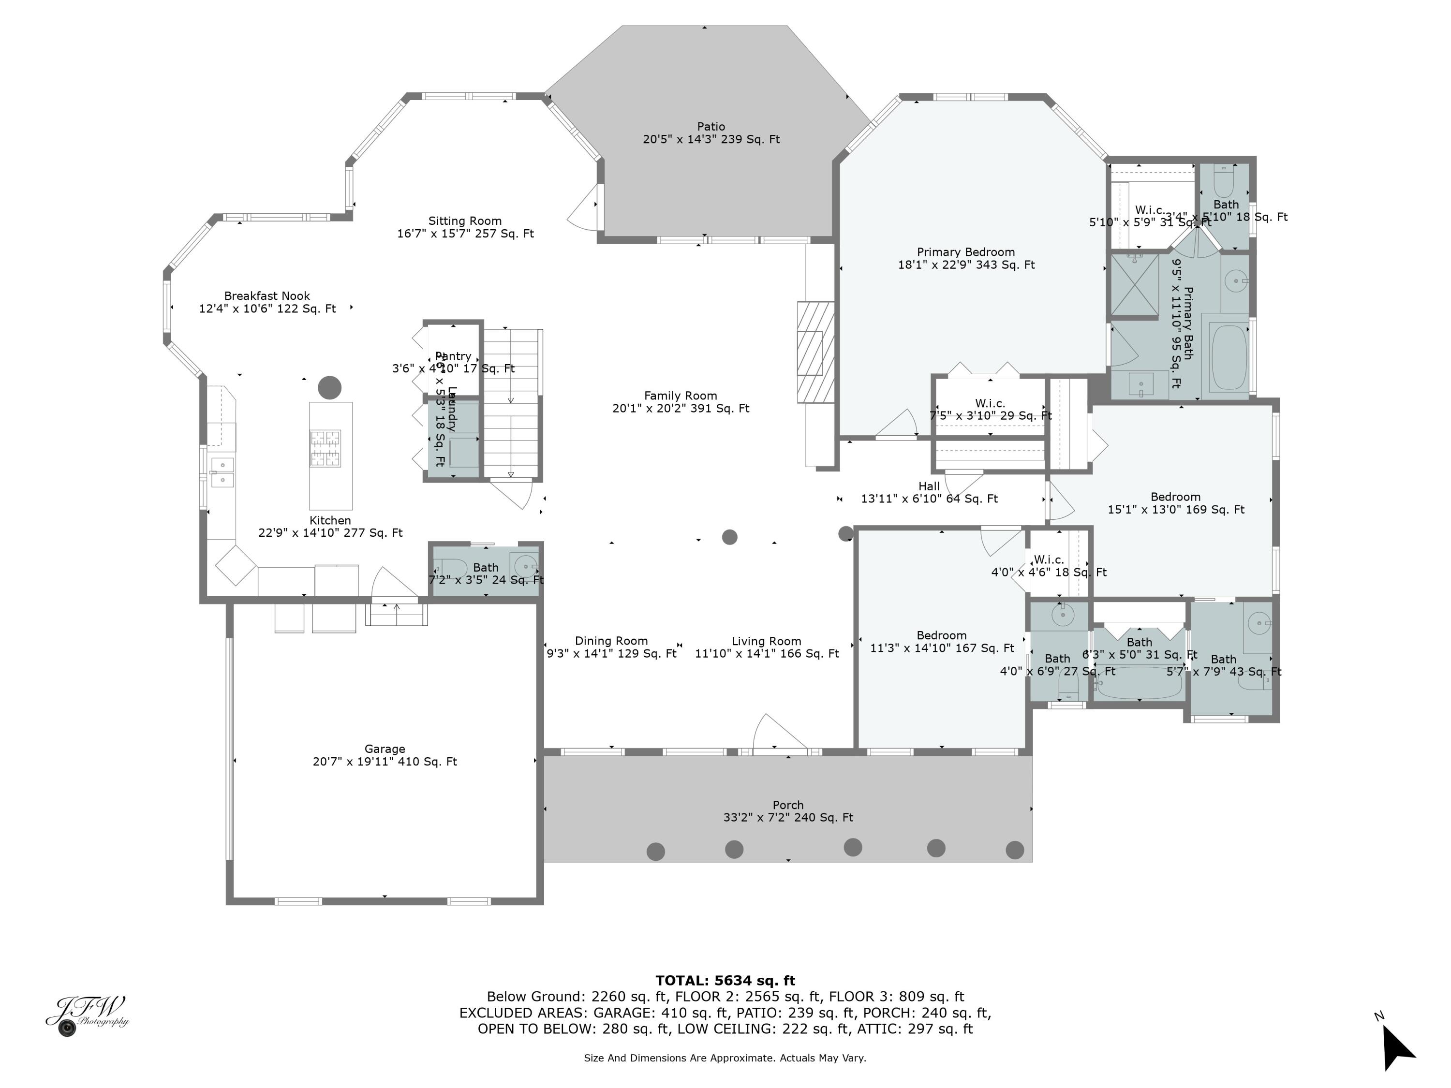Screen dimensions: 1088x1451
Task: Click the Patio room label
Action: pyautogui.click(x=711, y=127)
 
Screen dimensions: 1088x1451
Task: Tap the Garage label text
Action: pyautogui.click(x=385, y=749)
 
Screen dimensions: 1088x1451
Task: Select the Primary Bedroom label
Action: pyautogui.click(x=965, y=252)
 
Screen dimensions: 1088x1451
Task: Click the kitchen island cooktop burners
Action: pyautogui.click(x=326, y=448)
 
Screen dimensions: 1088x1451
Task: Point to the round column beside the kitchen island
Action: pyautogui.click(x=329, y=388)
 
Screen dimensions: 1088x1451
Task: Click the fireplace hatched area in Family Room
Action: pyautogui.click(x=815, y=352)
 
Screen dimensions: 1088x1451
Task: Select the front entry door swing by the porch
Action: pyautogui.click(x=778, y=733)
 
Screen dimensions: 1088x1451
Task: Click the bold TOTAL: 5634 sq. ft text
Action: pyautogui.click(x=725, y=981)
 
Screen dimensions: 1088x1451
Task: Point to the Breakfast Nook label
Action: pyautogui.click(x=267, y=296)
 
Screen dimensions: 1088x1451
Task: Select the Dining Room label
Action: pyautogui.click(x=611, y=641)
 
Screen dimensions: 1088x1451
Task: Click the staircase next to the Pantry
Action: pyautogui.click(x=511, y=403)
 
